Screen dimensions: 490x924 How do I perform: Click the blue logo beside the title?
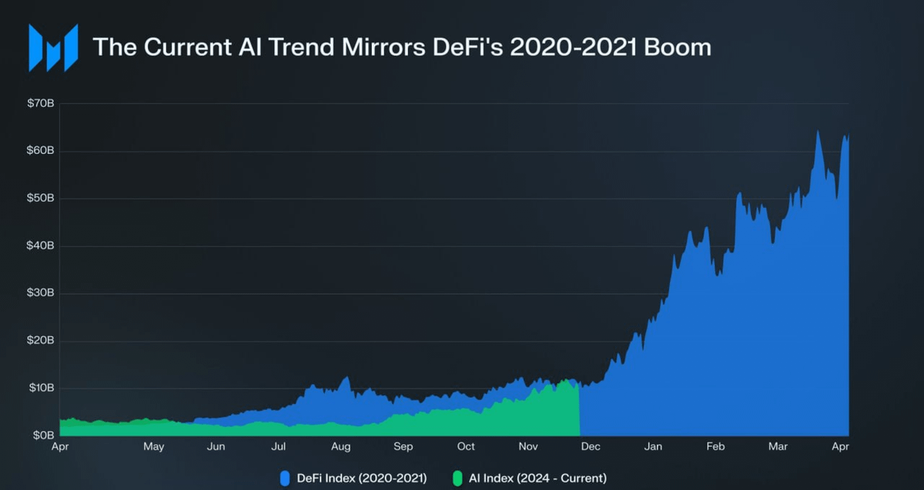pyautogui.click(x=53, y=48)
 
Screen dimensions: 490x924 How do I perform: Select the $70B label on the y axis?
pyautogui.click(x=41, y=103)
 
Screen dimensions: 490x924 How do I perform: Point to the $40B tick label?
pyautogui.click(x=41, y=245)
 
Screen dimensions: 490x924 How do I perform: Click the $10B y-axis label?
pyautogui.click(x=41, y=388)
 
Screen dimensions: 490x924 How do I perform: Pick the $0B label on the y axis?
pyautogui.click(x=43, y=435)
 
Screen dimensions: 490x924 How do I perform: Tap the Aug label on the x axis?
pyautogui.click(x=341, y=447)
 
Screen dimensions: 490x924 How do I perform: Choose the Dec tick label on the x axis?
pyautogui.click(x=591, y=447)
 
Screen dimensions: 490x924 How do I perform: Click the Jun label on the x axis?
pyautogui.click(x=216, y=447)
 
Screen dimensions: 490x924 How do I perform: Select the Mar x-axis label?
pyautogui.click(x=778, y=447)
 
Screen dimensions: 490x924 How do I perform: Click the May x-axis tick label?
pyautogui.click(x=154, y=447)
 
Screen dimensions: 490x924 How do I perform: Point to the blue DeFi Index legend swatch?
pyautogui.click(x=284, y=478)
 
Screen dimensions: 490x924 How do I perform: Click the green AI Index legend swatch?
pyautogui.click(x=457, y=478)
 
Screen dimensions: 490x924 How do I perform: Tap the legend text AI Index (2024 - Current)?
pyautogui.click(x=537, y=478)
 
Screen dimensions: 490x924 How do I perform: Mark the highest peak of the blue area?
pyautogui.click(x=818, y=132)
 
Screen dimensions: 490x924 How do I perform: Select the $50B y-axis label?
pyautogui.click(x=41, y=198)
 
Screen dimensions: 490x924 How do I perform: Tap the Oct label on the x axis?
pyautogui.click(x=466, y=447)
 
